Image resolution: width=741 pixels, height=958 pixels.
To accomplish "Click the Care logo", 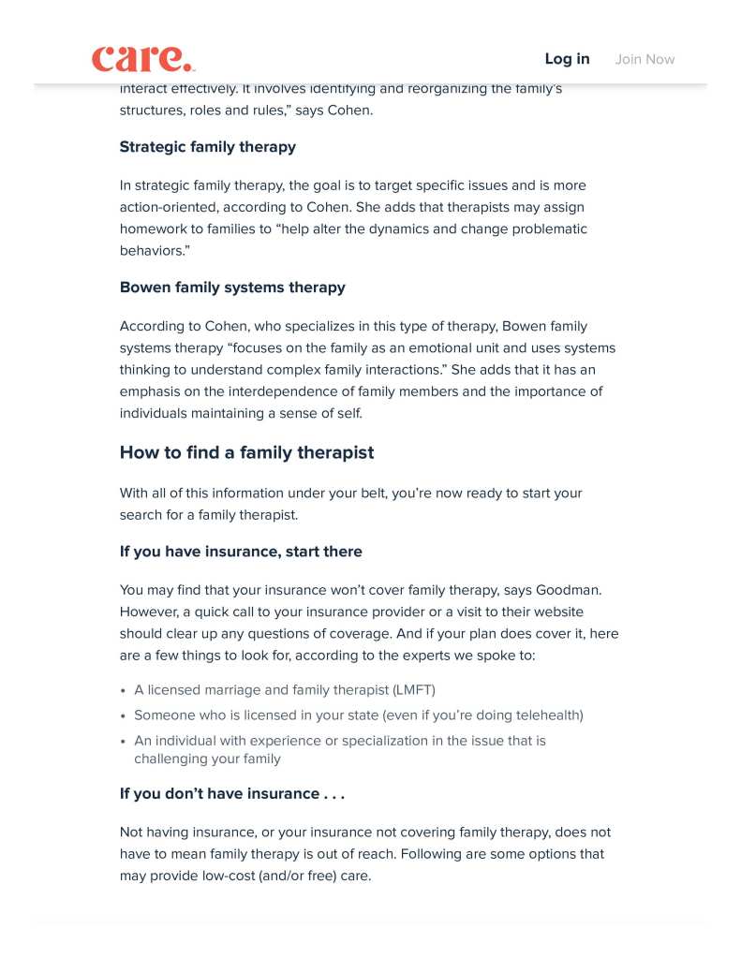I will coord(142,58).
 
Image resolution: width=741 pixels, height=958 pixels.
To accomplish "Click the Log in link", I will coord(567,59).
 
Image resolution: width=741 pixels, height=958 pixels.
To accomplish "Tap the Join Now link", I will coord(645,59).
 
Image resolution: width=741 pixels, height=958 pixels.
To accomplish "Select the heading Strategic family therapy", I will coord(207,147).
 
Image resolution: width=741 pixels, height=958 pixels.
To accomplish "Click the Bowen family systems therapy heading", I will coord(232,287).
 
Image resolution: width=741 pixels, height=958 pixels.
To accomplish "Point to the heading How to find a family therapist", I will coord(246,453).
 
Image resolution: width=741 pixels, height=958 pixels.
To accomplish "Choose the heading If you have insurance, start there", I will coord(241,552).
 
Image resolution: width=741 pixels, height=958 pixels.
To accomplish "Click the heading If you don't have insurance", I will coord(231,794).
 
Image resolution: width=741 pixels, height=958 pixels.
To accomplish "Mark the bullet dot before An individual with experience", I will coord(124,742).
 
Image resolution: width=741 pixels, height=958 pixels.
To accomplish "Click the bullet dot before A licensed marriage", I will coord(124,691).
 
